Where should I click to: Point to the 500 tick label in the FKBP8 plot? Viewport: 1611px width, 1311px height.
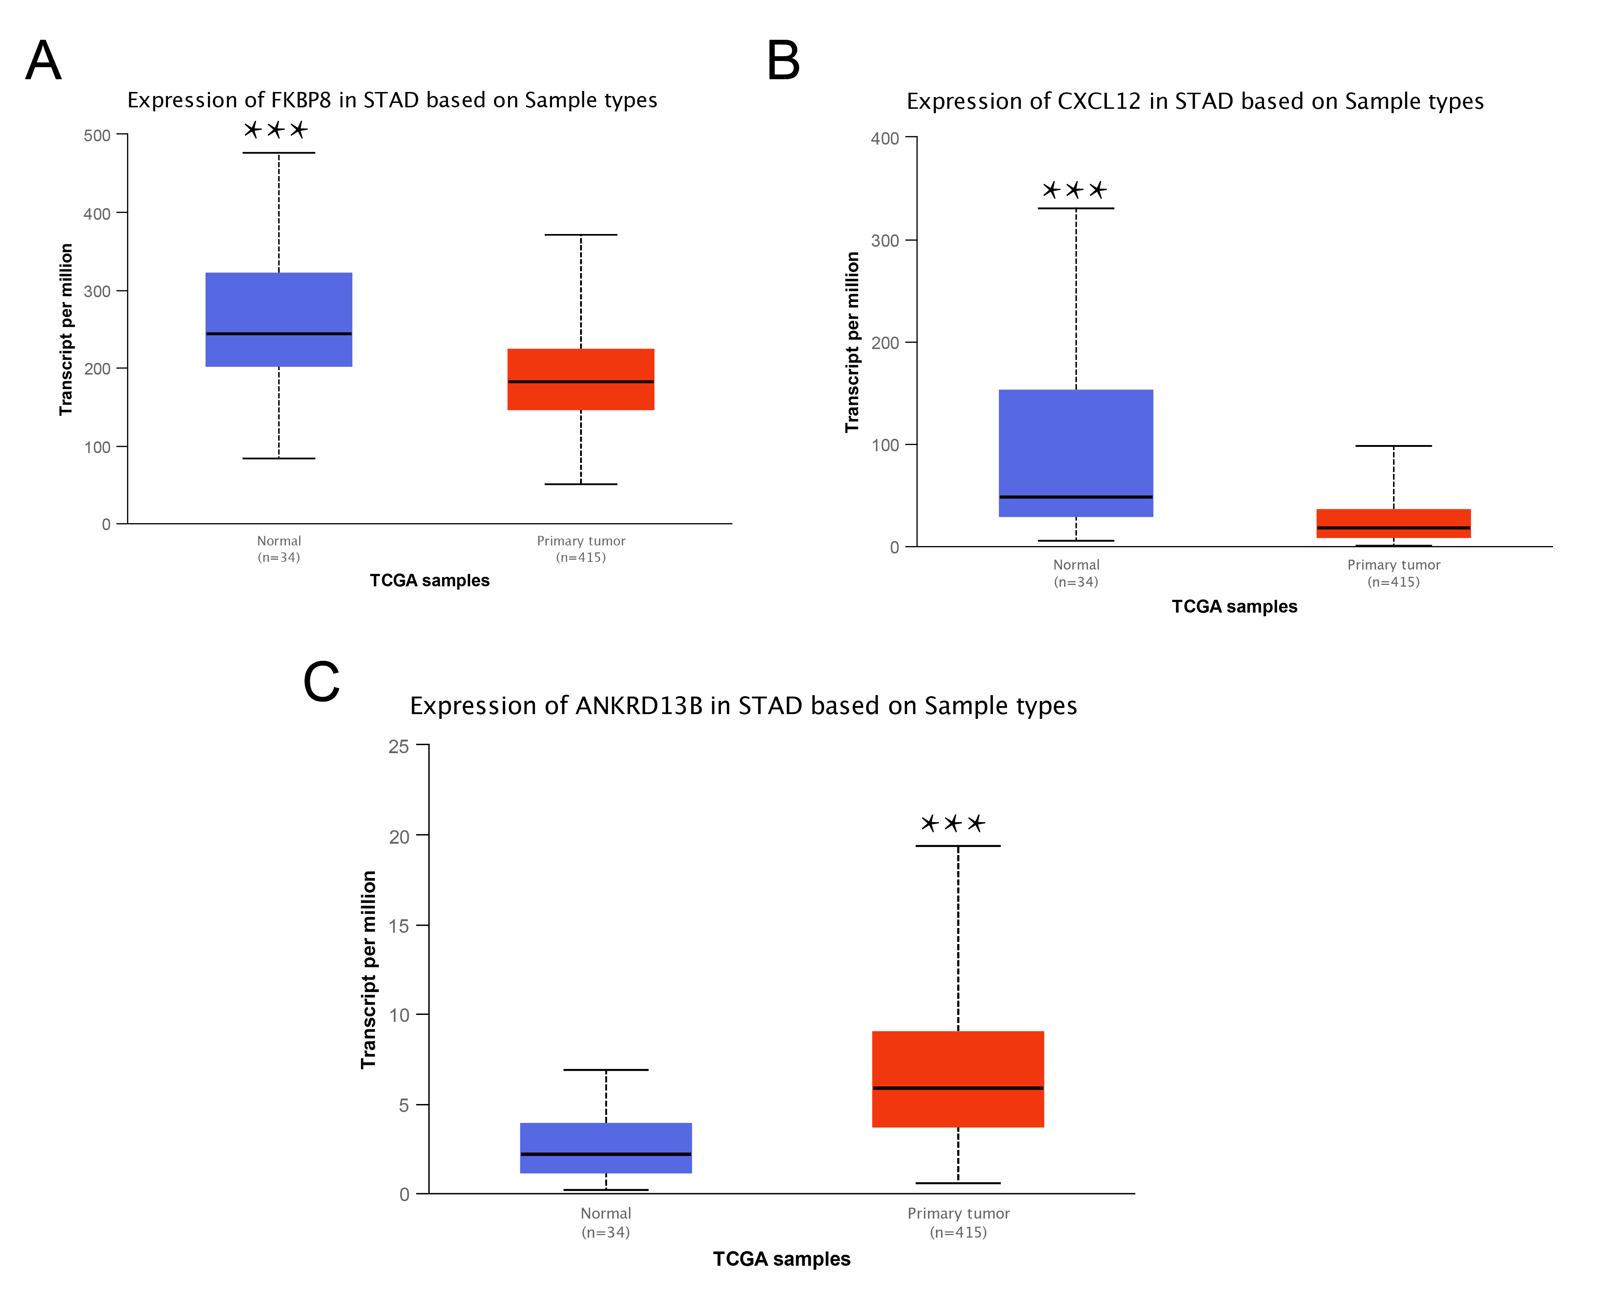pyautogui.click(x=97, y=136)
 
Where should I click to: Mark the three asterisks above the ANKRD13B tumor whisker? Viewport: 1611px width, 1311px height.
pyautogui.click(x=952, y=823)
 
